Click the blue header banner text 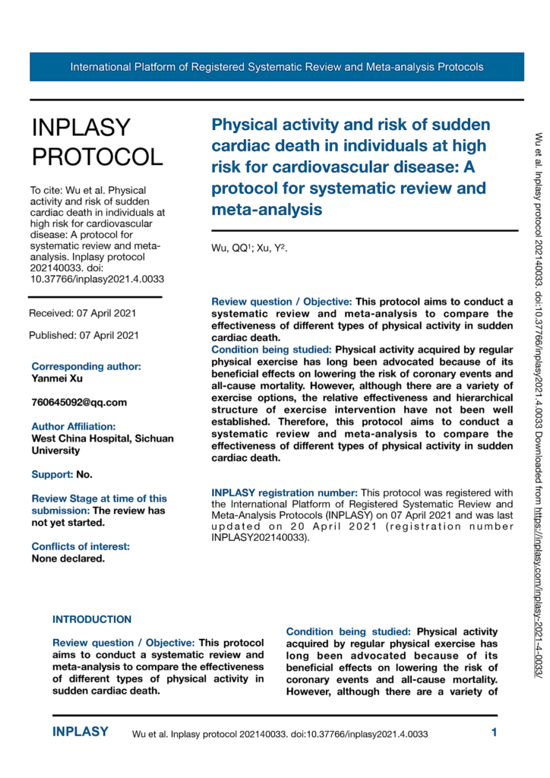277,67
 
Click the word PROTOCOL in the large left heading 96,157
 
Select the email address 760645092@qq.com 79,402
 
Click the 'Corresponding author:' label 86,366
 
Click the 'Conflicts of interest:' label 81,525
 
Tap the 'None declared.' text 68,537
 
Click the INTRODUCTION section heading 92,598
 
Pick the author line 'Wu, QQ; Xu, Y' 249,248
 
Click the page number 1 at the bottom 494,733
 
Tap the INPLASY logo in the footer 80,732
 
